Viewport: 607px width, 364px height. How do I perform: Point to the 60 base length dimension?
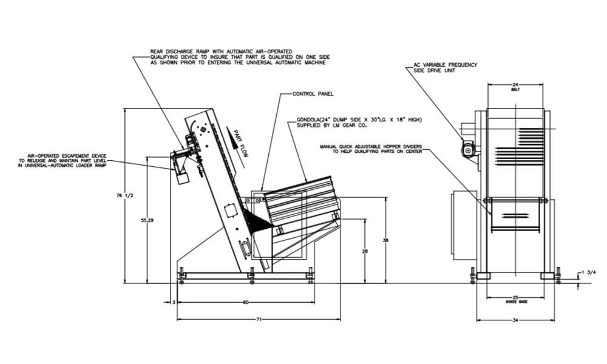pos(245,302)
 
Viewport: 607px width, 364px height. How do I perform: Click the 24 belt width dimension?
pos(515,84)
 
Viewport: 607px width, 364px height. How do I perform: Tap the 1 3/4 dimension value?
pos(588,272)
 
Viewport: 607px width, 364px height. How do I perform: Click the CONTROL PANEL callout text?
pos(313,95)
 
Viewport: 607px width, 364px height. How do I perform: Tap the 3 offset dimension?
pos(174,302)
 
